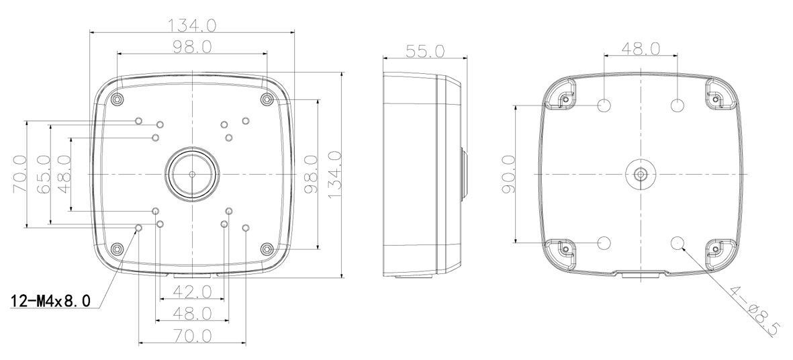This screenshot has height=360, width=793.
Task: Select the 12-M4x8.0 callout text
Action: (x=50, y=302)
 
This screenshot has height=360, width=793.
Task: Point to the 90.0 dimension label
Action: (x=507, y=174)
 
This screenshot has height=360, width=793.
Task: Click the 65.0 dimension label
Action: (x=44, y=175)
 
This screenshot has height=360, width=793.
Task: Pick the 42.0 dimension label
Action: (x=191, y=291)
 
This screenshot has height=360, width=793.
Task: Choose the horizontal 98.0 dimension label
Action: (x=191, y=46)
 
